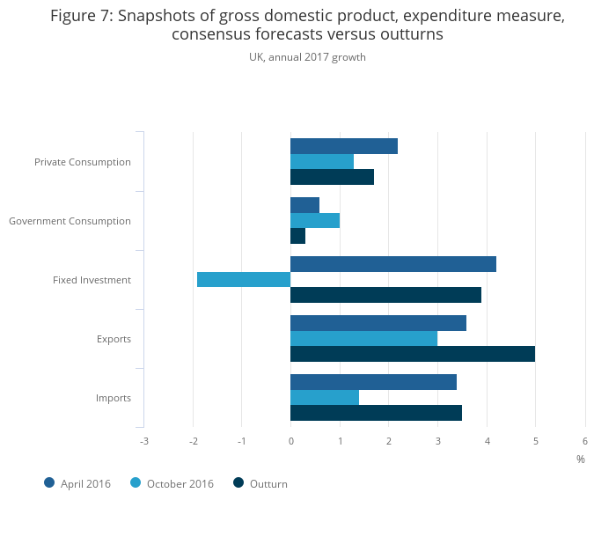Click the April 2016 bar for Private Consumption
[344, 146]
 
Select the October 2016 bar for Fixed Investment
[244, 280]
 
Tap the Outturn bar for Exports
[413, 354]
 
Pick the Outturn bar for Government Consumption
[298, 236]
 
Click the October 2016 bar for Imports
[325, 397]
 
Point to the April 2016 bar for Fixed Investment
[393, 264]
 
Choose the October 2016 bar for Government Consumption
[315, 220]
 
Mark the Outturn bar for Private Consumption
[333, 177]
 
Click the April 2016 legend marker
[49, 482]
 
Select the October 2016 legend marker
[136, 482]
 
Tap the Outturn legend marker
[238, 482]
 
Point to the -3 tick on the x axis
[144, 441]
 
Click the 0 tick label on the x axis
[291, 441]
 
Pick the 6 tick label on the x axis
[585, 441]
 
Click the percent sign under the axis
[581, 460]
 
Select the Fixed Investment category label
[92, 280]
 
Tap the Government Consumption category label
[70, 221]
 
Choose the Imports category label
[114, 398]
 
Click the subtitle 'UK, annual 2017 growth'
[307, 57]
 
